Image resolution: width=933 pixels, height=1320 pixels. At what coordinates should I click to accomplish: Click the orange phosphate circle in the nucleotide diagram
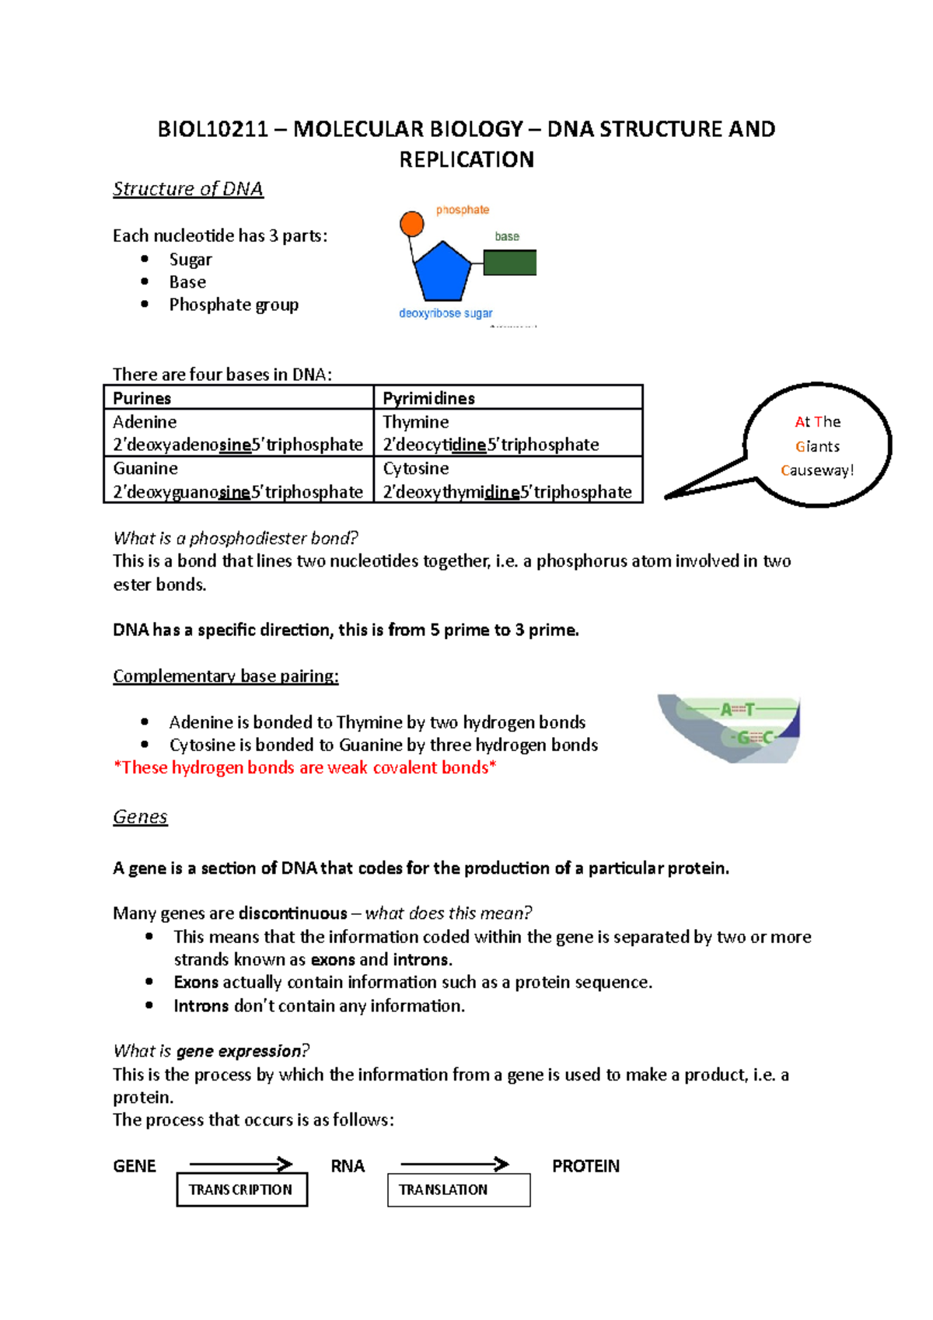pos(411,224)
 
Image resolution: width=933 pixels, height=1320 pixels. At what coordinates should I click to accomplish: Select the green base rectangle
pos(509,263)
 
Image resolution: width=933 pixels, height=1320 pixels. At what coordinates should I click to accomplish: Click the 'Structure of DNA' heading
pos(188,189)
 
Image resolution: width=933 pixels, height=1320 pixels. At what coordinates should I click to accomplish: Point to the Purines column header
pos(142,398)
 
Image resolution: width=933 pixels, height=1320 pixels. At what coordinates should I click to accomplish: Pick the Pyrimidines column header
pos(428,398)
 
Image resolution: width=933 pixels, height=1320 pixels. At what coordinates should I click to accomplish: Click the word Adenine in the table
pos(145,422)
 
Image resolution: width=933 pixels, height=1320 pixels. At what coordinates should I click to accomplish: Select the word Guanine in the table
pos(145,469)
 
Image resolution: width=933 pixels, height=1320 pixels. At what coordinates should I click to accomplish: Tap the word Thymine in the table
pos(415,422)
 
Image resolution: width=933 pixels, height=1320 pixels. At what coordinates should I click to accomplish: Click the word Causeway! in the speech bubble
pos(817,470)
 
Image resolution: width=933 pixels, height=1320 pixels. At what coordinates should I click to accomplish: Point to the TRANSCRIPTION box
pos(242,1189)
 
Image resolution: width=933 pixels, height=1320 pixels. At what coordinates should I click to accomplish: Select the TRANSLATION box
pos(458,1189)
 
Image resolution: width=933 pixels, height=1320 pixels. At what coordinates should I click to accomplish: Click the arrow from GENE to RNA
pos(240,1164)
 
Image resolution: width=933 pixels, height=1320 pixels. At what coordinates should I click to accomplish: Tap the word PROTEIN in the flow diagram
pos(585,1166)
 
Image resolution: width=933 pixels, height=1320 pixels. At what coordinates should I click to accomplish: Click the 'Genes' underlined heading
pos(140,817)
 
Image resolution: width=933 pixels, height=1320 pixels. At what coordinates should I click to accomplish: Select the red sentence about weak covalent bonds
pos(305,768)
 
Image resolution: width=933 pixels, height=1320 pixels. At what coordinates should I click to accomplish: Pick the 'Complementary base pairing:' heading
pos(225,676)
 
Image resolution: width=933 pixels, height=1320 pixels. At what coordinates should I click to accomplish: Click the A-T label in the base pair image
pos(736,709)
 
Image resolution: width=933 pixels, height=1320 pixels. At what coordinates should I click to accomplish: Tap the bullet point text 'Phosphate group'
pos(233,305)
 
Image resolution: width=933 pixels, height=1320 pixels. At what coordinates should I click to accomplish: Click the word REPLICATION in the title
pos(466,159)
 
